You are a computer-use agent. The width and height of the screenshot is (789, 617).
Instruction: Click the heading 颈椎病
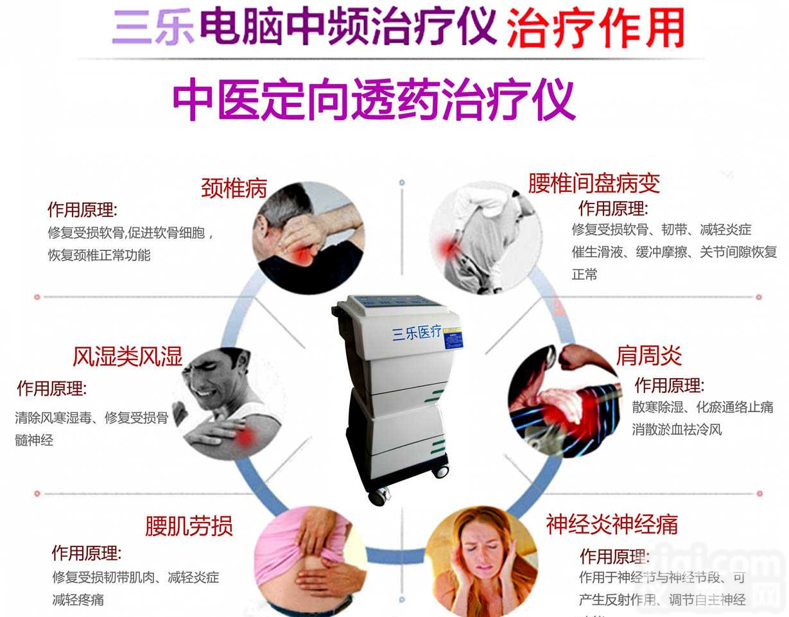coord(234,188)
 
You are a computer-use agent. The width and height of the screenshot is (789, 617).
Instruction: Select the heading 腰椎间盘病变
coord(594,184)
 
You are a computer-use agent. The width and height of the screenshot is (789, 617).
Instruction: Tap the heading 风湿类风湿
coord(127,356)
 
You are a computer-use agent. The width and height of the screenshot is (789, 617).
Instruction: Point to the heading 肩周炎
coord(648,355)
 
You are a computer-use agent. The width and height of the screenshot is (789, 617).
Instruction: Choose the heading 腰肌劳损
coord(189,526)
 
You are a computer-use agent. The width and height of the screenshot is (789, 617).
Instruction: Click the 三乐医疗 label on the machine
coord(417,332)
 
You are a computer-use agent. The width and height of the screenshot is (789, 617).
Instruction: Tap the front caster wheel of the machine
coord(379,495)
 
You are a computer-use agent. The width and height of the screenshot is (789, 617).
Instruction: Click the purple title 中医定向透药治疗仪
coord(373,100)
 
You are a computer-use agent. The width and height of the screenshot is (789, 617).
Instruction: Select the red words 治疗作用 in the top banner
coord(594,29)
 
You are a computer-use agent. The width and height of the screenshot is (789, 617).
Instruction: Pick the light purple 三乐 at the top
coord(153,30)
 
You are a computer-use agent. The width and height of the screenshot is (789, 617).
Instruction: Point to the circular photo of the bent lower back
coord(485,238)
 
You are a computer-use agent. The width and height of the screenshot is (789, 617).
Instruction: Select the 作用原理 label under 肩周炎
coord(669,385)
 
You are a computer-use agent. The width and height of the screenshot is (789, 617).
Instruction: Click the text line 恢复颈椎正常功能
coord(99,255)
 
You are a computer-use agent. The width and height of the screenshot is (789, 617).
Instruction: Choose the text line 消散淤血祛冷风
coord(677,429)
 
